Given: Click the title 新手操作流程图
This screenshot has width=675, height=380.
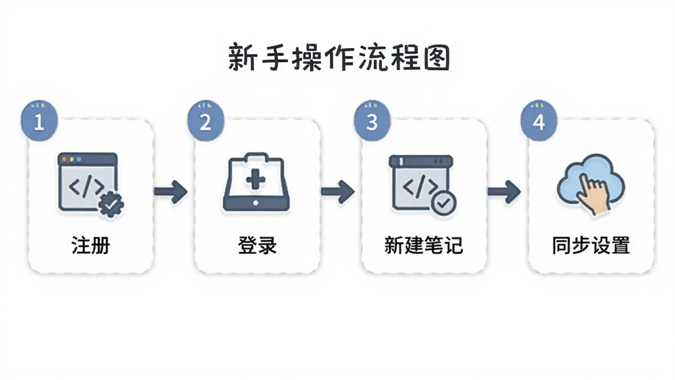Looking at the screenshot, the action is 339,57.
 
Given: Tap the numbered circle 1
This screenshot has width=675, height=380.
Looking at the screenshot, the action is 39,121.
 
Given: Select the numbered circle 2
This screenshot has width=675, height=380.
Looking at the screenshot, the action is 206,121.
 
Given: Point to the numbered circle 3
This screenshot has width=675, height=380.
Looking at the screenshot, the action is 372,121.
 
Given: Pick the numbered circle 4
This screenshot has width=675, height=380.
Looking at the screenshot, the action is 539,121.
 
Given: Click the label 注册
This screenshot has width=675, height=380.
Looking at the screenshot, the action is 90,245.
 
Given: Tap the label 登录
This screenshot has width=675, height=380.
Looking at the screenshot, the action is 257,245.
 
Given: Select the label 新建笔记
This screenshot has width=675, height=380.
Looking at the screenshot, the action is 424,245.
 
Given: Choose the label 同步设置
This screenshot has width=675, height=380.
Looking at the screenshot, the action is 591,245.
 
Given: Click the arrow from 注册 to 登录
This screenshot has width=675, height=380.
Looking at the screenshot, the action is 171,192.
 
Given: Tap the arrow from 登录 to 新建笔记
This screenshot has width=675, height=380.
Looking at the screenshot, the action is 338,192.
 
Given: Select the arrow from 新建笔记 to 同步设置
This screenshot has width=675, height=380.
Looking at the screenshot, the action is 504,192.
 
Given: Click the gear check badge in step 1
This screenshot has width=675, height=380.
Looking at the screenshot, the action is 111,204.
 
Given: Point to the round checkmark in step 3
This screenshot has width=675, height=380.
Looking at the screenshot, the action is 444,202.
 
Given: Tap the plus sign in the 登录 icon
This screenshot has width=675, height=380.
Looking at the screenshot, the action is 256,179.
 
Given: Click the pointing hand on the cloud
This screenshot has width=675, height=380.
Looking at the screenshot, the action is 593,193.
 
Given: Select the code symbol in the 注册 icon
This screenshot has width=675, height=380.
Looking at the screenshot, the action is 86,187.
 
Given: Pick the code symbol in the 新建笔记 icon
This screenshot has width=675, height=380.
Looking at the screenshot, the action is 420,185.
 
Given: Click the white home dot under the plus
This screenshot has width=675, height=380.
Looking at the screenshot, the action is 256,203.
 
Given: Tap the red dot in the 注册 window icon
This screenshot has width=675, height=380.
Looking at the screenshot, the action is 65,160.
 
